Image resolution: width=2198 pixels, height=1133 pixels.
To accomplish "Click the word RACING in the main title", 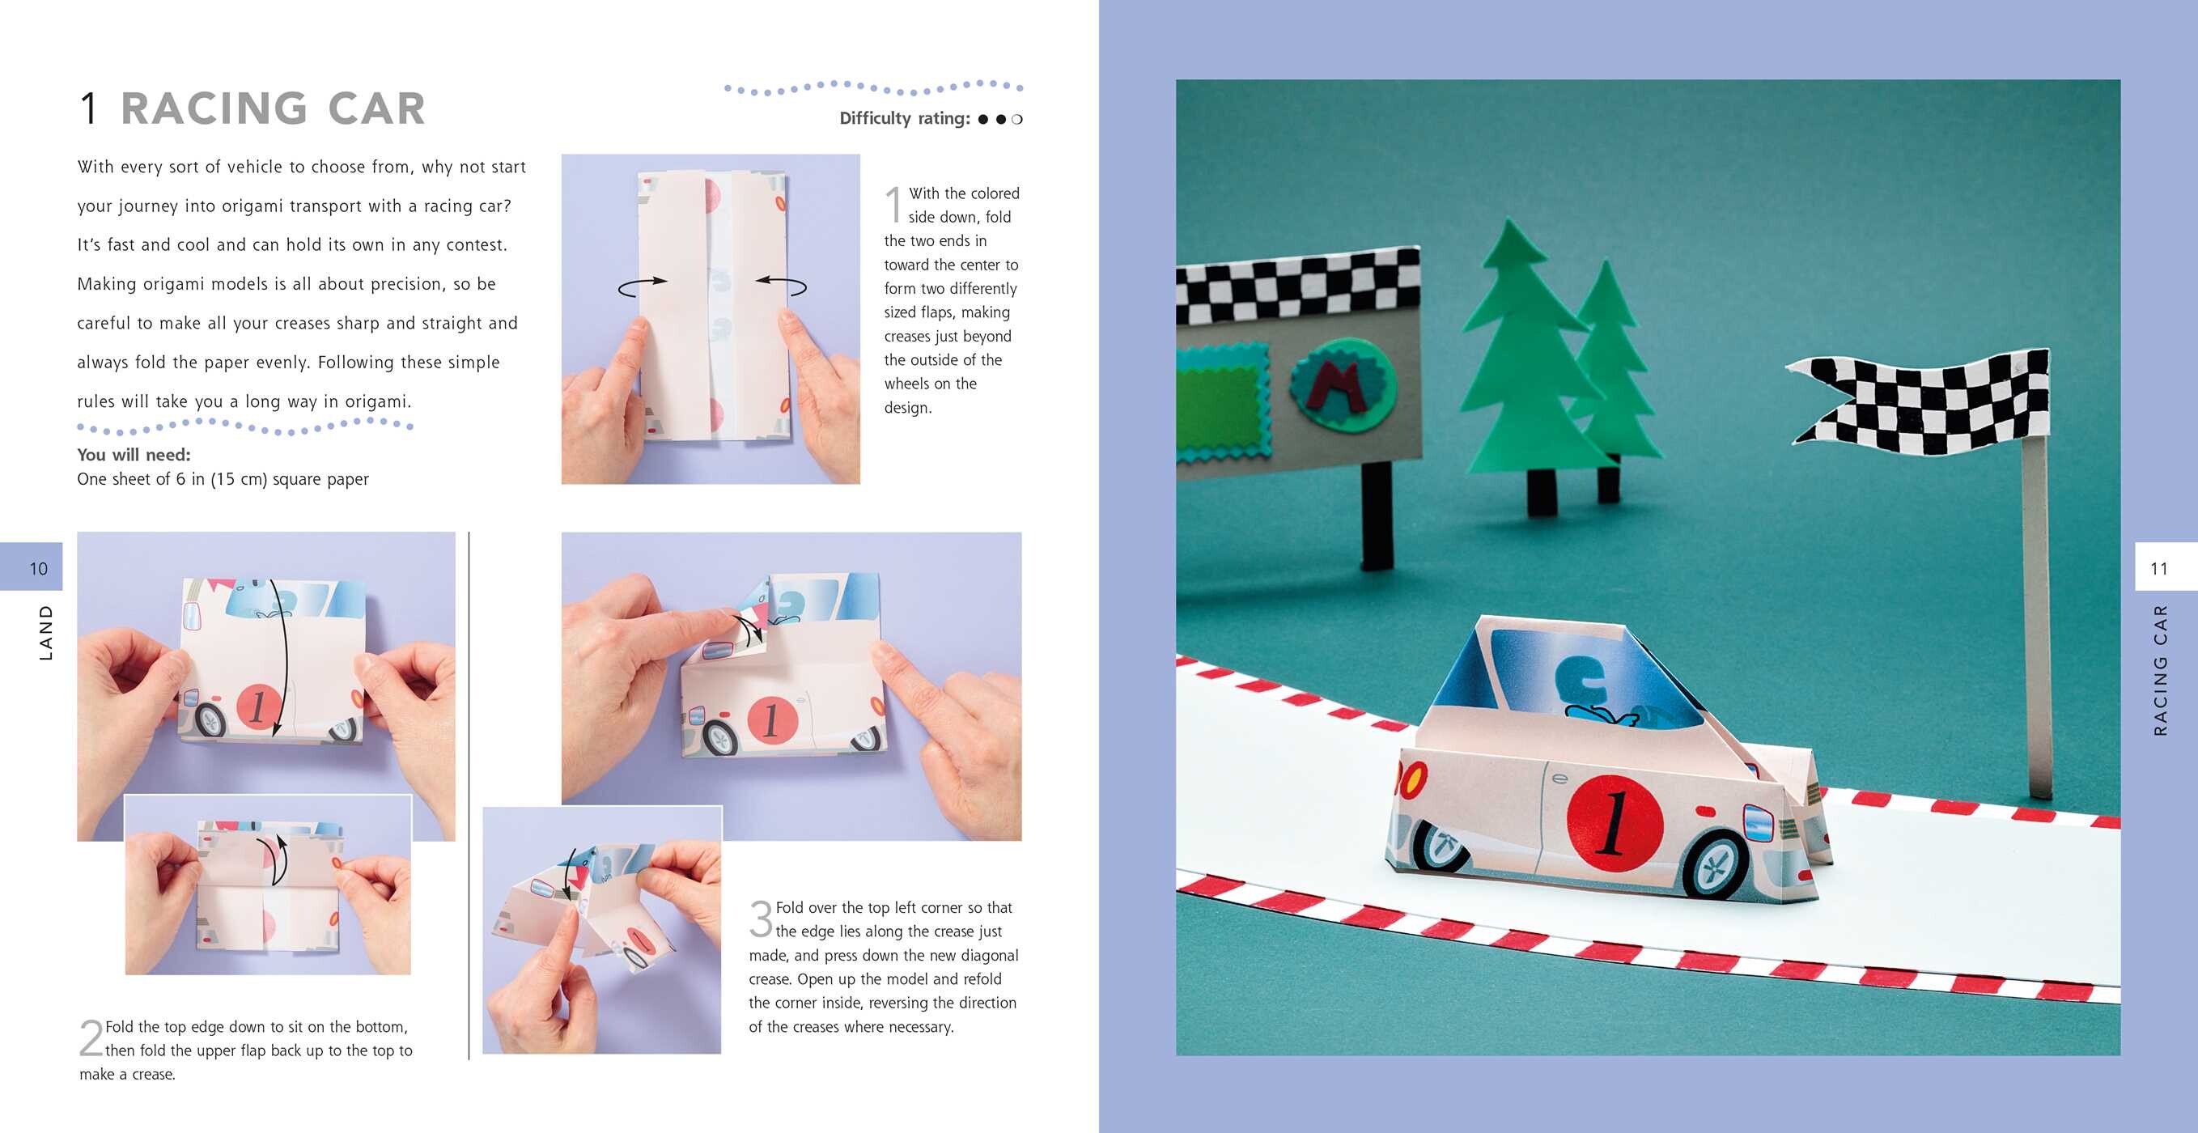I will (x=214, y=109).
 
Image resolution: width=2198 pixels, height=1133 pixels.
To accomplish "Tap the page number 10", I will (x=38, y=568).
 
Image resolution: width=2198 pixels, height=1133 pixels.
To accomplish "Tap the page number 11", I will (x=2159, y=568).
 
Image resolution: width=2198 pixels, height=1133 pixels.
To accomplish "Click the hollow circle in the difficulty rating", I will (x=1016, y=120).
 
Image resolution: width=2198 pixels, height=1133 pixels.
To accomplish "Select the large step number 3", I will (x=760, y=918).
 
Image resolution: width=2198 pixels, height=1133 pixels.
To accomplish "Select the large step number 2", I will (x=91, y=1038).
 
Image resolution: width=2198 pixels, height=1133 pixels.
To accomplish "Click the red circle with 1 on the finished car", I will (x=1615, y=822).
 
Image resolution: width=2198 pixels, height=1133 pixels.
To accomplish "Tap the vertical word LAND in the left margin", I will (x=46, y=632).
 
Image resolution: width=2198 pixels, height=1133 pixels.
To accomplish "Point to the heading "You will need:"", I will (x=134, y=455).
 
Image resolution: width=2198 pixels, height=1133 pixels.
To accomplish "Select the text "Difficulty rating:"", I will (x=905, y=119).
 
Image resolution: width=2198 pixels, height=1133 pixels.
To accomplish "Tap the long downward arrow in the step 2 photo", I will (x=282, y=657).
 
